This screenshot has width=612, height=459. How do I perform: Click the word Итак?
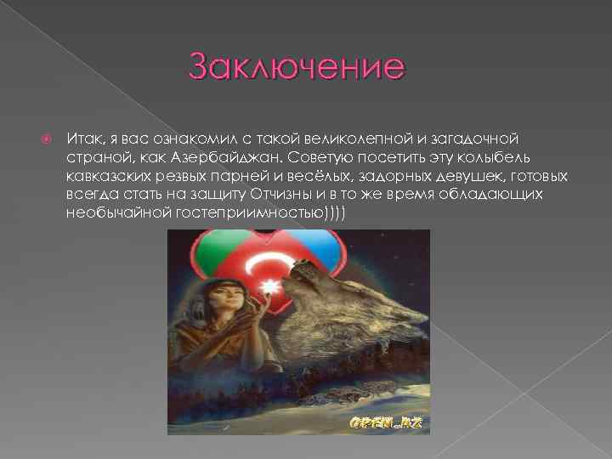[x=82, y=139]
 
